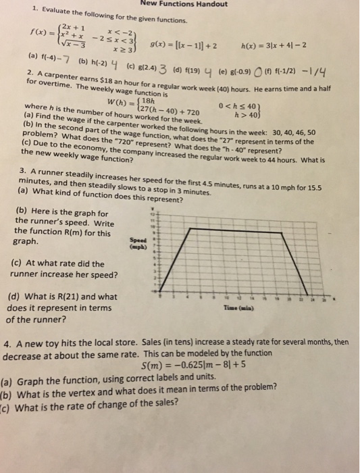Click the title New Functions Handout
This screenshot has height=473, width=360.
coord(180,5)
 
